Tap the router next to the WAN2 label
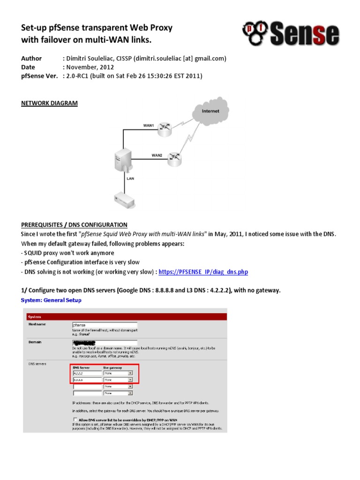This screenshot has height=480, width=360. pyautogui.click(x=175, y=157)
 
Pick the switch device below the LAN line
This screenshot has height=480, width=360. pyautogui.click(x=125, y=199)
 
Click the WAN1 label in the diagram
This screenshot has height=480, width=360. pyautogui.click(x=149, y=126)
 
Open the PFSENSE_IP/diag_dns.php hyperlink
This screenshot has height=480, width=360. pyautogui.click(x=203, y=272)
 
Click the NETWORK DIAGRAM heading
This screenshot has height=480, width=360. pyautogui.click(x=49, y=103)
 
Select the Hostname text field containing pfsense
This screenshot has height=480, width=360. pyautogui.click(x=104, y=324)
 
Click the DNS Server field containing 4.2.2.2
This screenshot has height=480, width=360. pyautogui.click(x=87, y=373)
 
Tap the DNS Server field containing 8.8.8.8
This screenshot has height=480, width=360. pyautogui.click(x=87, y=380)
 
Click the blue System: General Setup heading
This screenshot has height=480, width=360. pyautogui.click(x=51, y=300)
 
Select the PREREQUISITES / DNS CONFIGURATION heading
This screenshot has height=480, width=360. pyautogui.click(x=74, y=225)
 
